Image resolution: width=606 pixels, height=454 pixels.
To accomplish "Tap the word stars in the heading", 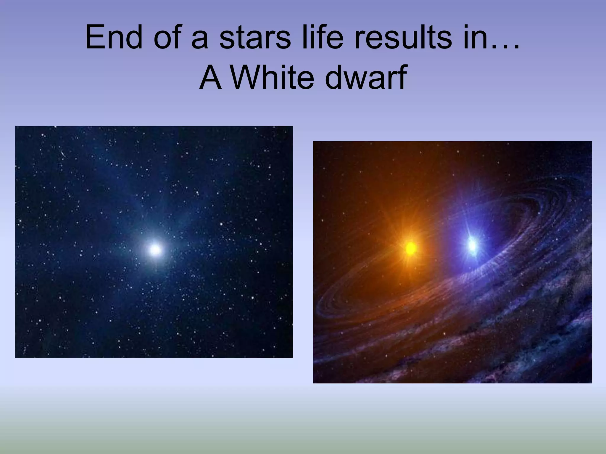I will (255, 38).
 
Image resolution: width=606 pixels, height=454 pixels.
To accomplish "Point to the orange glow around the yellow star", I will (394, 225).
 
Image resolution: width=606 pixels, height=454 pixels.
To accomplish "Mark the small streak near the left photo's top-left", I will (63, 154).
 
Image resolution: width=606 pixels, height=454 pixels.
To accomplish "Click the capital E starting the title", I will (95, 38).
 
